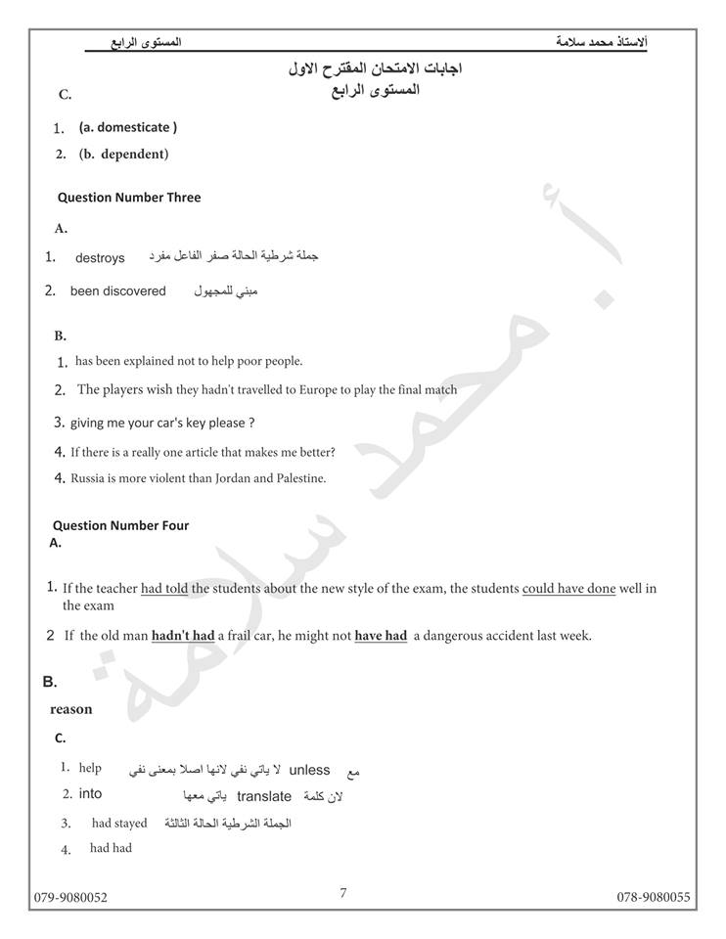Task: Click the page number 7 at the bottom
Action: point(343,892)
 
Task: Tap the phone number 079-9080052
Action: point(71,897)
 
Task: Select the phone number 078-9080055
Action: point(654,897)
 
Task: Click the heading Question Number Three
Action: point(129,198)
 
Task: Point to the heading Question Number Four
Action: point(120,525)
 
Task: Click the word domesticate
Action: point(133,127)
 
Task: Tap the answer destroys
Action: point(100,258)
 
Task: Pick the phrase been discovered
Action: point(118,291)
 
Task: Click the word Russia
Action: point(90,478)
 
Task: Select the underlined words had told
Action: point(164,589)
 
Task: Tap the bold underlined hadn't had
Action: point(183,636)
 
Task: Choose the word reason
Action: point(71,709)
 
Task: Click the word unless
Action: point(309,770)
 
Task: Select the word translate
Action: point(264,796)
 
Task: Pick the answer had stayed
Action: point(119,824)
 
